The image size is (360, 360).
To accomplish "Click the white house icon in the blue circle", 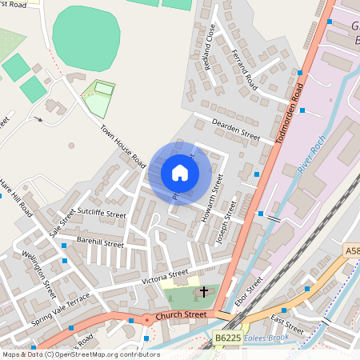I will tap(180, 173).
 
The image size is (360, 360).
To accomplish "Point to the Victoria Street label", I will tap(165, 275).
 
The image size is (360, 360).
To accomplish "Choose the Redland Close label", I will tap(210, 49).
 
